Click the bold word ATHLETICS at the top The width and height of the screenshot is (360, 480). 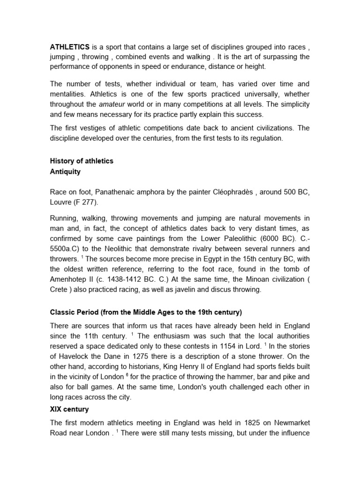(70, 47)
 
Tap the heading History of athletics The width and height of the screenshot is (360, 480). (82, 161)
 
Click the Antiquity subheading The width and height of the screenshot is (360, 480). (65, 172)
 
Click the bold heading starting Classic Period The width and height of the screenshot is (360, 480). (145, 312)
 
